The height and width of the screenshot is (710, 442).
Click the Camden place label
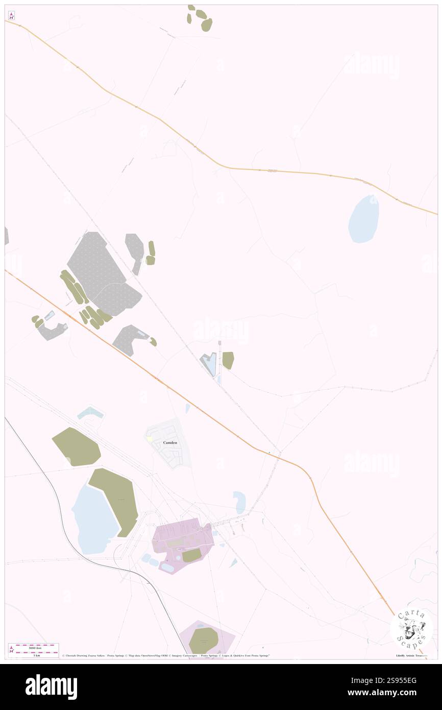170,442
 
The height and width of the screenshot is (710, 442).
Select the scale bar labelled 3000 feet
34,646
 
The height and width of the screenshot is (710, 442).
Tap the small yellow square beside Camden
150,439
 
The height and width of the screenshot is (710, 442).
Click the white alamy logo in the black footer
51,687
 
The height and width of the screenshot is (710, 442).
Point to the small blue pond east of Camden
239,502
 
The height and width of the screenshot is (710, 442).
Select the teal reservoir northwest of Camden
90,412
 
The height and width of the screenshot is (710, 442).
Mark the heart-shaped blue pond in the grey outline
209,364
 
